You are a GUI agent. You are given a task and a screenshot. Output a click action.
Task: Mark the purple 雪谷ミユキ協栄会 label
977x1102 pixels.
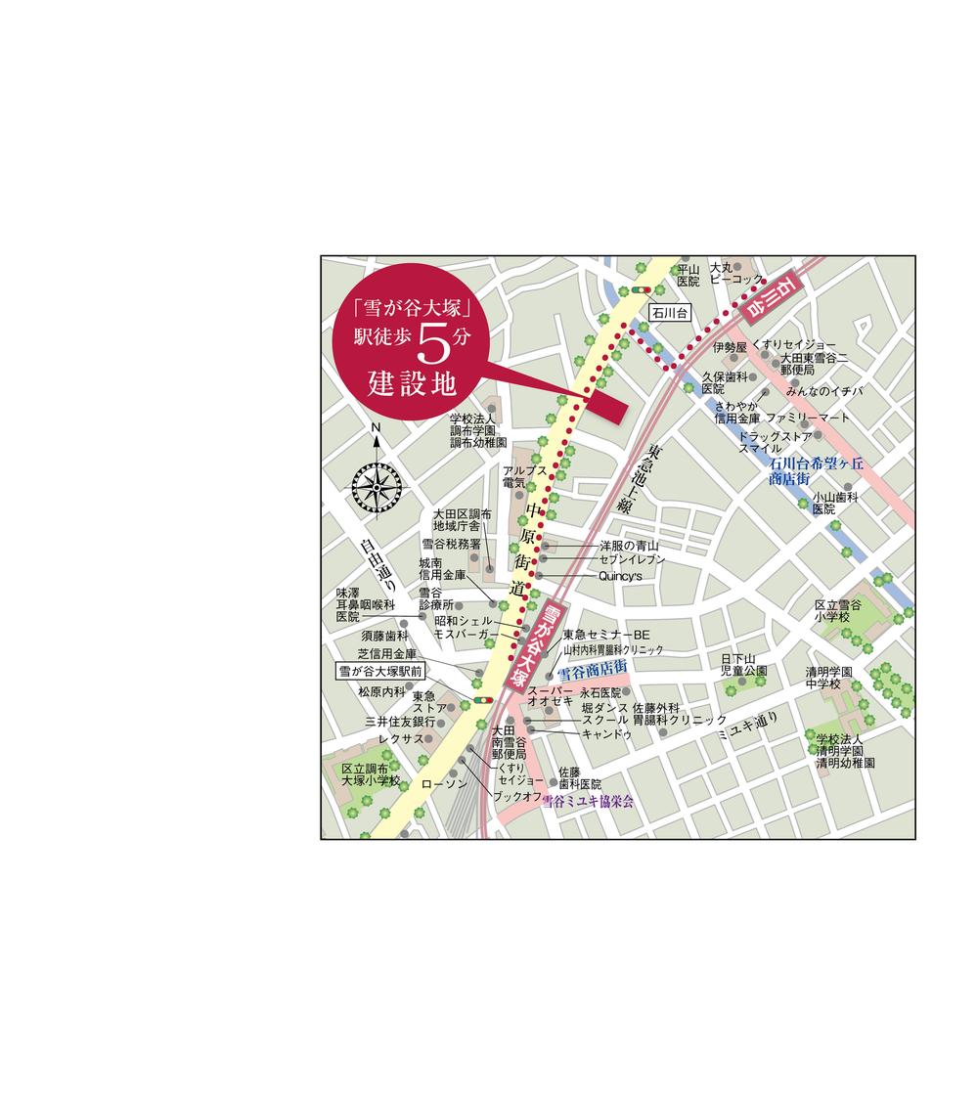coord(588,801)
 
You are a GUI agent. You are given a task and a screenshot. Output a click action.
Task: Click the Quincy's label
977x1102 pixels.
coord(619,576)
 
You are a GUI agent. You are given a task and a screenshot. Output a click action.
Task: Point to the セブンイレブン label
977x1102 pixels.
coord(633,559)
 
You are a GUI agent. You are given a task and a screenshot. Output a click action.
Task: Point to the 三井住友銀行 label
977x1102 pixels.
coord(400,721)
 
